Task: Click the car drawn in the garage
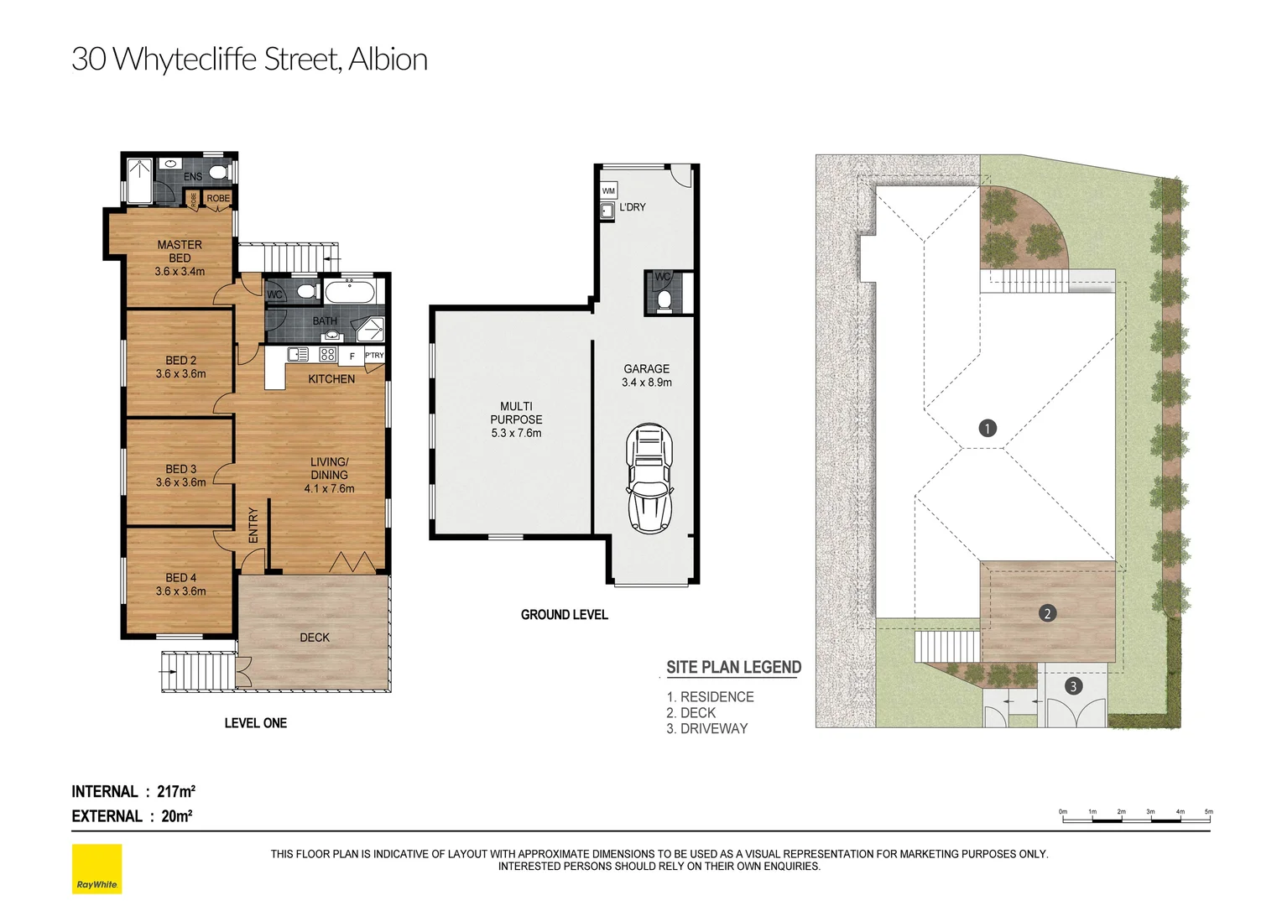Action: pos(649,478)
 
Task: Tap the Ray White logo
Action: pos(96,869)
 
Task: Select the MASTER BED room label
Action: pos(180,258)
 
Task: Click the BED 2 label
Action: pos(180,367)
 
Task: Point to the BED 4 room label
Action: pos(180,584)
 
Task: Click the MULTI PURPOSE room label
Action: pos(516,419)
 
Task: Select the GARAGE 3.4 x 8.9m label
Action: pos(646,375)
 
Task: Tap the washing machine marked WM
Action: pos(608,191)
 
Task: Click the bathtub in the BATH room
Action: pos(352,294)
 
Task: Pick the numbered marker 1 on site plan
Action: pos(988,428)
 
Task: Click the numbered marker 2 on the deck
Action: pos(1046,613)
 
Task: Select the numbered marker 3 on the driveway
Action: pos(1072,686)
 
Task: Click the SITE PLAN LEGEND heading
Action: pos(733,667)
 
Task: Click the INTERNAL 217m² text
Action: pos(133,791)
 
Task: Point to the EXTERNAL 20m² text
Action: pos(132,816)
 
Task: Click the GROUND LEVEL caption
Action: pos(564,615)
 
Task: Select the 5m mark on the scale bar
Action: pos(1209,812)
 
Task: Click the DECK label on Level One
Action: pos(315,638)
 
